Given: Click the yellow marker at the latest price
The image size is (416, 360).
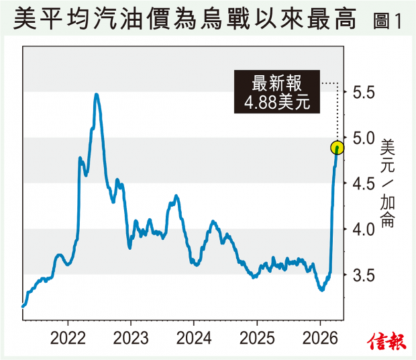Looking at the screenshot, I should [337, 148].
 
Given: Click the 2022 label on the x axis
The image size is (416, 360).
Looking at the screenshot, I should [68, 336].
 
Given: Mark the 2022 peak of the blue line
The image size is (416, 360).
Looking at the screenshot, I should [97, 95].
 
